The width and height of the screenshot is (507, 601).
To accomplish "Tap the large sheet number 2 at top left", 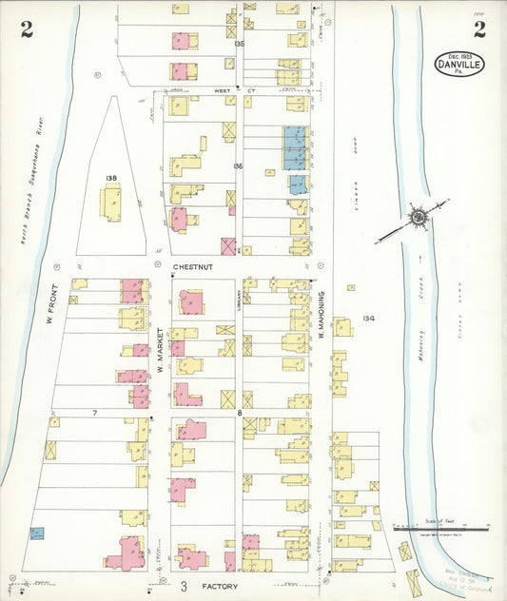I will click(27, 29).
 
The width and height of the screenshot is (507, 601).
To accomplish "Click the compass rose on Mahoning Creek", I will click(418, 218).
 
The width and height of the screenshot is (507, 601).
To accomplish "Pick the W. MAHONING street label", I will click(323, 314).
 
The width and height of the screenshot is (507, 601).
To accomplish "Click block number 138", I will click(111, 178).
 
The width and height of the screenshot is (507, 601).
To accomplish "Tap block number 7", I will click(94, 413).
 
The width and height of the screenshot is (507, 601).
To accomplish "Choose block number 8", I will click(240, 413).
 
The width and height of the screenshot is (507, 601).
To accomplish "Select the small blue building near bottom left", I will click(37, 533).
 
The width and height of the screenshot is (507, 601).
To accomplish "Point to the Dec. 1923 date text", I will click(458, 54).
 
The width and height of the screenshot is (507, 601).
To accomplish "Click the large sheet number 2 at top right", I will click(479, 29).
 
